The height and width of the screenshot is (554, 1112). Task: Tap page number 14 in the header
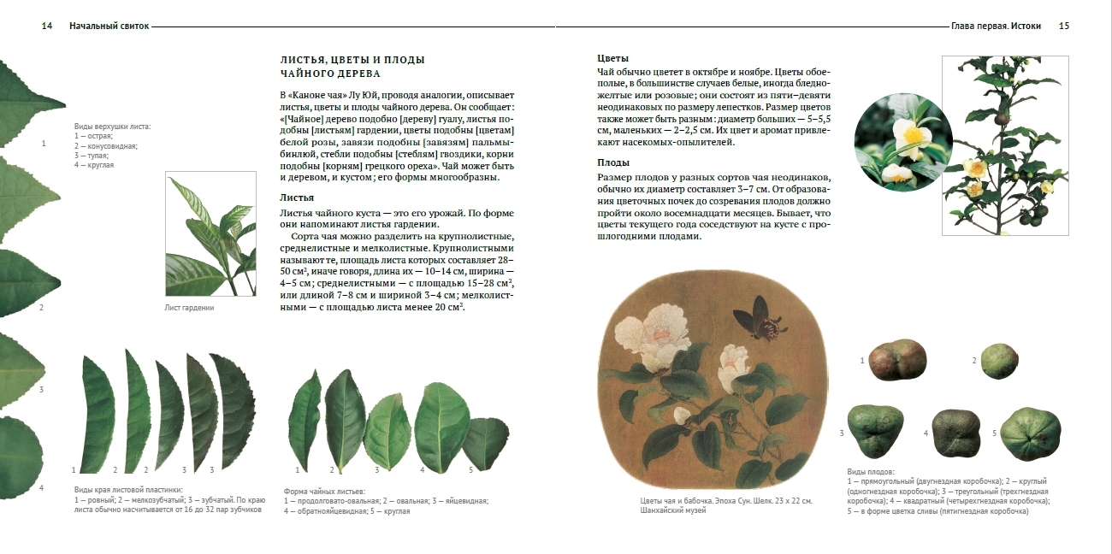click(x=47, y=27)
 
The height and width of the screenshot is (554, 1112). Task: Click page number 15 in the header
click(x=1064, y=27)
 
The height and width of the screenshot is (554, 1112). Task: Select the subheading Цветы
click(x=612, y=58)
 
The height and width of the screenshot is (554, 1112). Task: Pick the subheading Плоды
click(x=613, y=162)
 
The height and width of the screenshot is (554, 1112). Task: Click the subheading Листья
click(x=297, y=197)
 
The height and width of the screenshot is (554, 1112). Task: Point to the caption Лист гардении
click(x=189, y=308)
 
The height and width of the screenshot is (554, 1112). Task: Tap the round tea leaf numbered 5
click(x=485, y=438)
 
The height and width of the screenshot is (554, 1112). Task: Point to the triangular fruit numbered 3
click(x=875, y=432)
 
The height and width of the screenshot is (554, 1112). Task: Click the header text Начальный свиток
click(x=109, y=27)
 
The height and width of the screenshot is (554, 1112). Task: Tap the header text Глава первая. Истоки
click(x=996, y=27)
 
